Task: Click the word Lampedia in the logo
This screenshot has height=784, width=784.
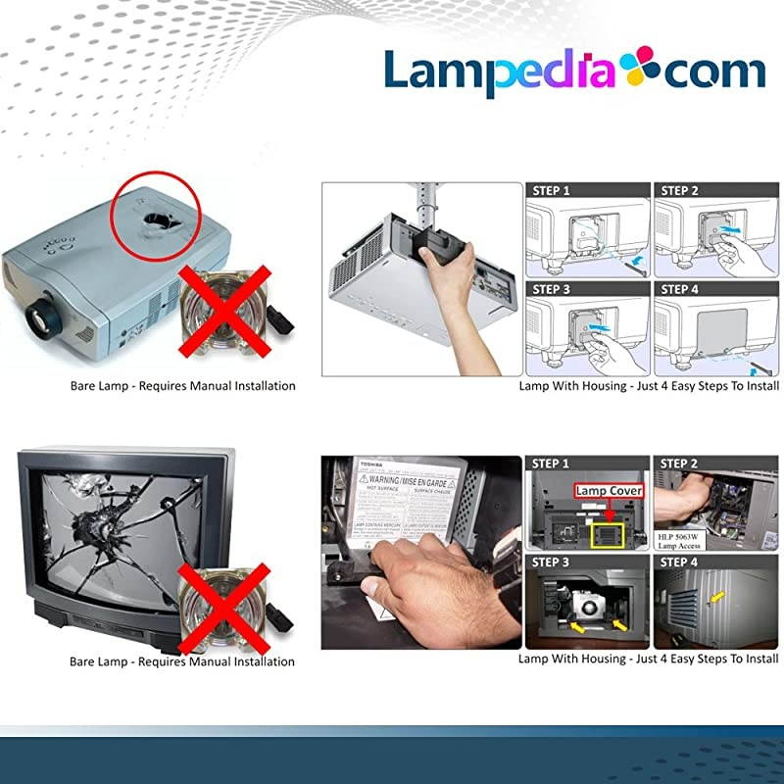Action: point(495,72)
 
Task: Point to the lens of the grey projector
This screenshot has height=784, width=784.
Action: point(44,316)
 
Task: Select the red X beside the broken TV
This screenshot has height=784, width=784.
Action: point(226,604)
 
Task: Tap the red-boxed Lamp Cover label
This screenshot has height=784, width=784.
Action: point(610,489)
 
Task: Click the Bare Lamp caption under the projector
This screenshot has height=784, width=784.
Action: point(182,386)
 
